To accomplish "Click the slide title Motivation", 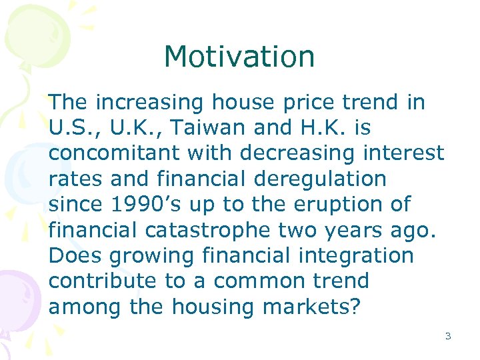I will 239,57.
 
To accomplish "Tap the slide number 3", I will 447,336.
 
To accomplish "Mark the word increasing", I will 150,102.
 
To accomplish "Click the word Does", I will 71,255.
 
